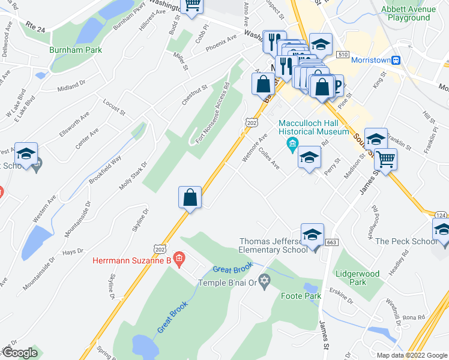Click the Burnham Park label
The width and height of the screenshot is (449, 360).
(76, 50)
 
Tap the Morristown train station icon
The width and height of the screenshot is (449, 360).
(396, 60)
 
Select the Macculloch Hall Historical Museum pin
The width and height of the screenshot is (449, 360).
(293, 143)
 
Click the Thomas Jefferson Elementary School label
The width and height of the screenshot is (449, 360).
(273, 245)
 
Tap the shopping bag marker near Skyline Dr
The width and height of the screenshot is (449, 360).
(190, 198)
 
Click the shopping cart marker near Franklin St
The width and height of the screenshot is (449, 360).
(385, 160)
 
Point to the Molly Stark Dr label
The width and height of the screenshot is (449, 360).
(133, 176)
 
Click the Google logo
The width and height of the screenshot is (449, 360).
(20, 353)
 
